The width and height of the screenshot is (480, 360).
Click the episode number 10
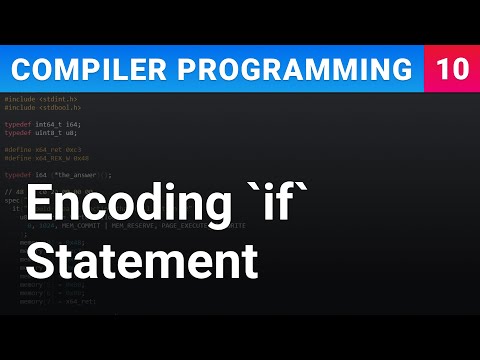451,70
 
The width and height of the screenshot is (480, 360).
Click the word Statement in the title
141,263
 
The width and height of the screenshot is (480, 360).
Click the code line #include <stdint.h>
41,99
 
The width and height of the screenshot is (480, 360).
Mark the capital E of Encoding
39,209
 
